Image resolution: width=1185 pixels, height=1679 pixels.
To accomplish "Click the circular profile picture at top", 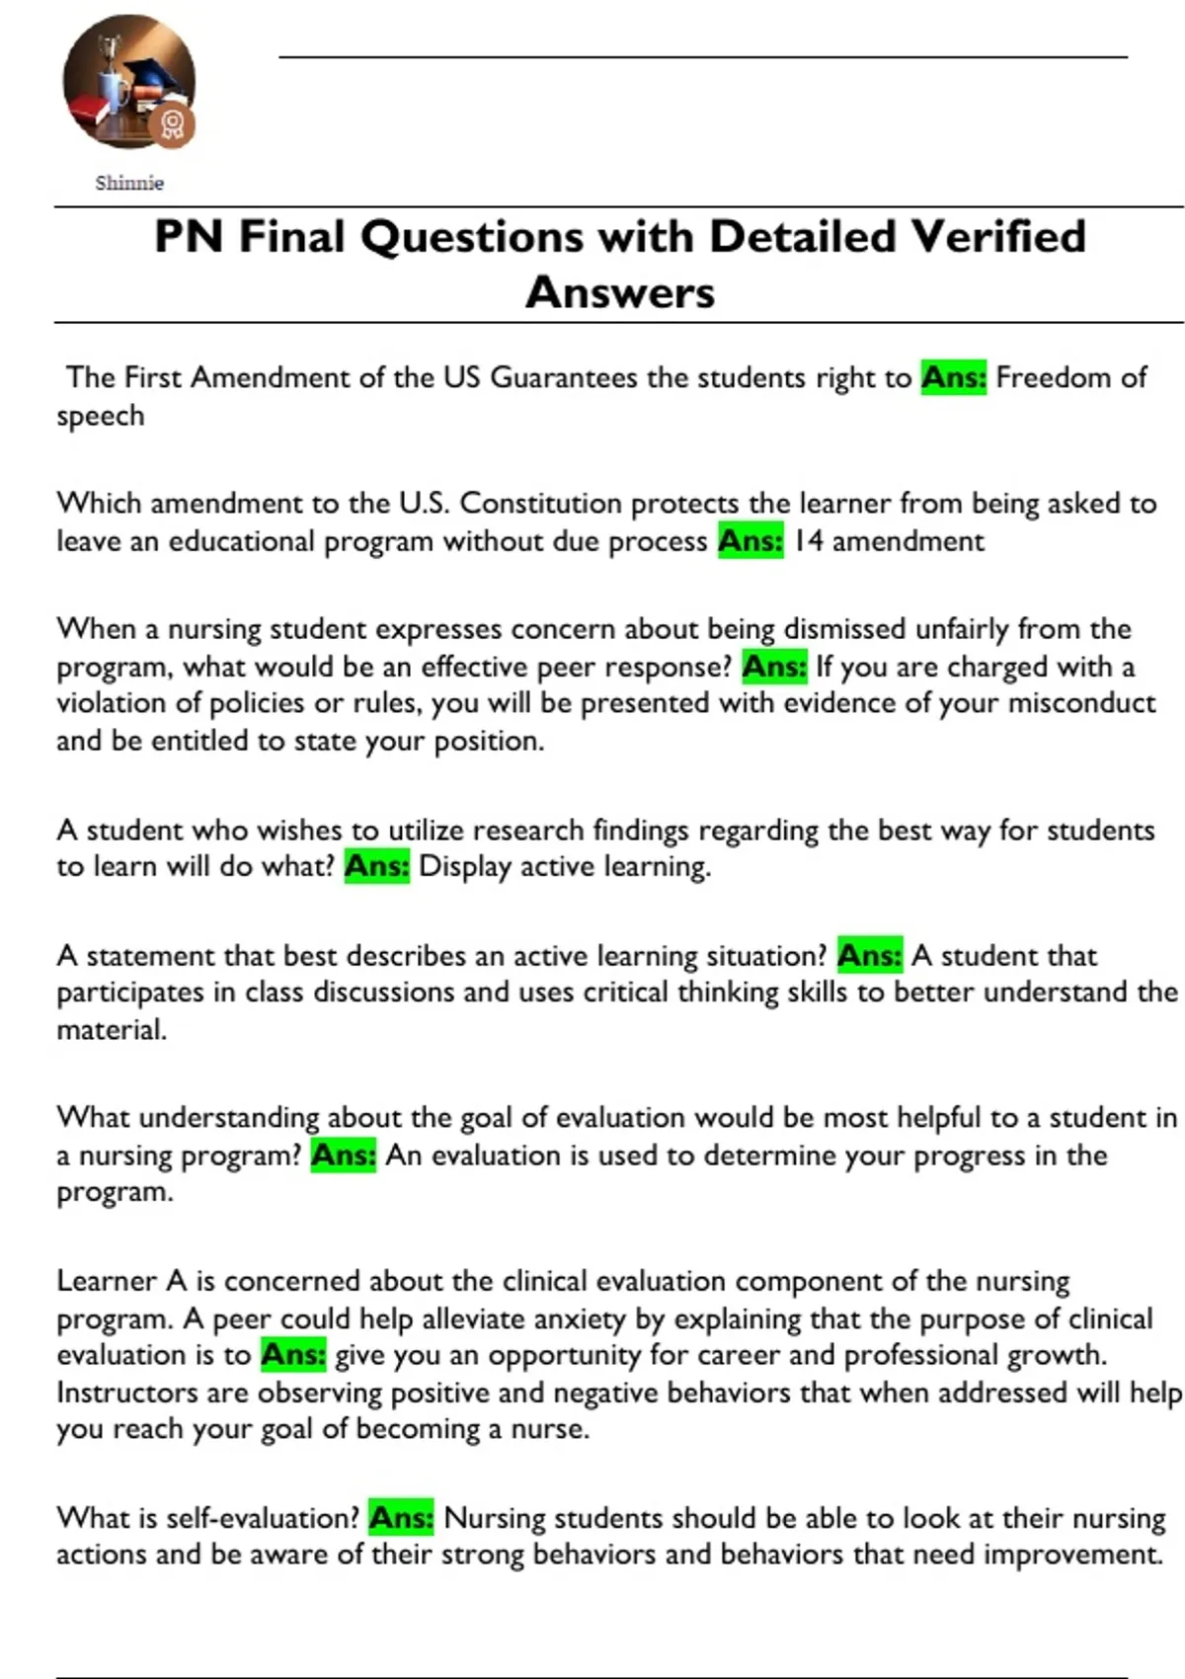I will [x=128, y=81].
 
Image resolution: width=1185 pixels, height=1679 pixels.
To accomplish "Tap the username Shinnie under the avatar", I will [x=129, y=183].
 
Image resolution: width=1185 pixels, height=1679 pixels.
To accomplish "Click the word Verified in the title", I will [x=997, y=237].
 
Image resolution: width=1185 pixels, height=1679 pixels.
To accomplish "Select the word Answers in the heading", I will [x=620, y=292].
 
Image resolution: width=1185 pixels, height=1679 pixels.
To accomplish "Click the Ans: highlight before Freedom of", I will [x=953, y=377].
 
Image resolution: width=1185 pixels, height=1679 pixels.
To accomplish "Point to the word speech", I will [x=101, y=416].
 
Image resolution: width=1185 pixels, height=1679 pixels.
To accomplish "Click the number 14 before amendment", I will [x=808, y=541].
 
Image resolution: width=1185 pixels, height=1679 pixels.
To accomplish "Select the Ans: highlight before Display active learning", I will [x=376, y=866].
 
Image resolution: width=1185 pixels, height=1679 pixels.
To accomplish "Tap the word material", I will [x=111, y=1030].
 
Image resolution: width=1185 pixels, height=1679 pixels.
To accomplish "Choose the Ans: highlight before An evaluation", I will [x=344, y=1155].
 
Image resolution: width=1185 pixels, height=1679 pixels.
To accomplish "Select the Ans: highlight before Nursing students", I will [x=401, y=1518].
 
